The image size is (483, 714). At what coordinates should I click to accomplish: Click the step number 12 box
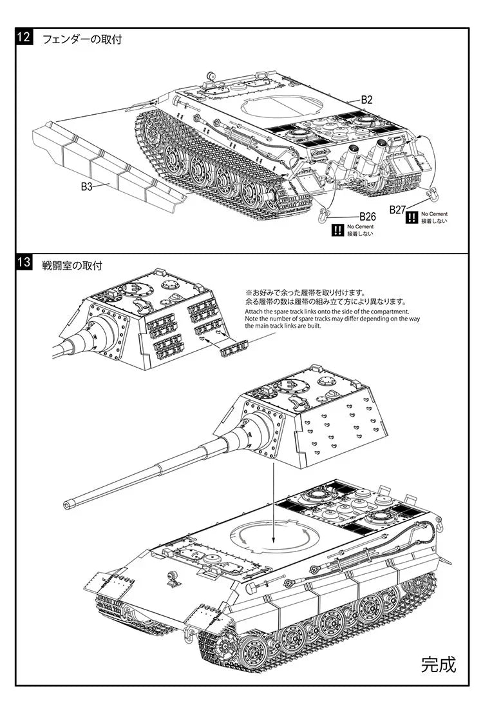click(x=23, y=37)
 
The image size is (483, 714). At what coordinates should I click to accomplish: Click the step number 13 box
click(x=23, y=263)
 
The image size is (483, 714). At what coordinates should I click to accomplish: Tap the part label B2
click(x=366, y=100)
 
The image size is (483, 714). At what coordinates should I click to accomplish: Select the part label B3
click(x=87, y=186)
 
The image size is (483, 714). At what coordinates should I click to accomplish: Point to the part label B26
click(x=367, y=216)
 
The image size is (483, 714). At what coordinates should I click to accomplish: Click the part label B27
click(x=397, y=210)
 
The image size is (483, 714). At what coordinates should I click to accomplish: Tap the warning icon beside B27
click(x=412, y=217)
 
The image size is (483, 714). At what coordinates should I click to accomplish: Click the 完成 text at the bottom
click(x=439, y=664)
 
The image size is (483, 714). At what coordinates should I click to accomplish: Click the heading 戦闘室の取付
click(x=71, y=264)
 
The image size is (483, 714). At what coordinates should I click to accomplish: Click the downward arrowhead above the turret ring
click(x=273, y=538)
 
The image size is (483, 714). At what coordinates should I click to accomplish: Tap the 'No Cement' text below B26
click(x=360, y=226)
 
